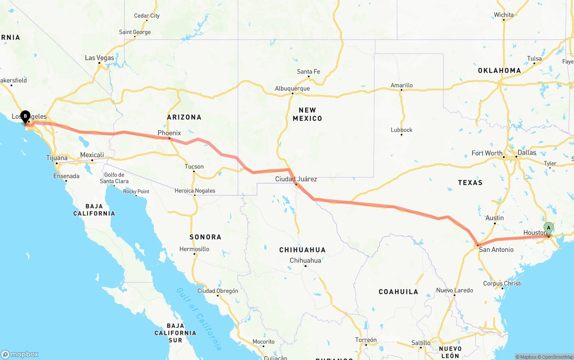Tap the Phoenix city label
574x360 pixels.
coord(169,133)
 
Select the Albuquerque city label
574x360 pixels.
coord(292,89)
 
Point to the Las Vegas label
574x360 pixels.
coord(100,58)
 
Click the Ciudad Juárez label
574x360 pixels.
coord(296,179)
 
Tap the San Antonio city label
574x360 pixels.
coord(496,250)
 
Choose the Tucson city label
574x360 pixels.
coord(194,167)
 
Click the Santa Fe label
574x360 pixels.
coord(308,72)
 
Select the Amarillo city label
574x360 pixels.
coord(401,86)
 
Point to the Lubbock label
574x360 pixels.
coord(401,130)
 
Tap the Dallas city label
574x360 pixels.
coord(526,153)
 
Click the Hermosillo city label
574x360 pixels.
coord(194,249)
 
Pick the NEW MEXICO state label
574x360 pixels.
coord(307,114)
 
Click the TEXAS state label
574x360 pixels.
coord(470,182)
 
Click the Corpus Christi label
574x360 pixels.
coord(502,284)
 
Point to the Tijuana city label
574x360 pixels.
coord(57,158)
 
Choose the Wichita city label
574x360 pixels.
coord(504,15)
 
